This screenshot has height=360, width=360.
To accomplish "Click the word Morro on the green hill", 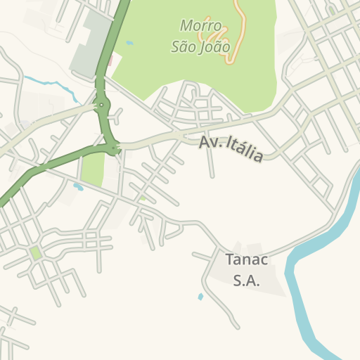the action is [x=201, y=26].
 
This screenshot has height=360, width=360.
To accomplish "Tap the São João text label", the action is [x=200, y=47].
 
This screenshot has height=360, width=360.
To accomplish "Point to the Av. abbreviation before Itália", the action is [x=210, y=142].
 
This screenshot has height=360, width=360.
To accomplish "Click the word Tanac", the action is [x=246, y=259].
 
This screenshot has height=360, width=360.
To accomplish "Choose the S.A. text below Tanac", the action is [x=246, y=280].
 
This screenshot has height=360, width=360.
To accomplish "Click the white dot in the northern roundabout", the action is [x=103, y=106].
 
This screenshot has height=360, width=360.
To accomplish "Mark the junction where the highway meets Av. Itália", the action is [x=115, y=148].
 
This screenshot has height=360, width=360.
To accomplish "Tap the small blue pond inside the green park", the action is [x=129, y=43].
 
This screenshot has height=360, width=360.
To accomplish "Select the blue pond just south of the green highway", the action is [x=78, y=187].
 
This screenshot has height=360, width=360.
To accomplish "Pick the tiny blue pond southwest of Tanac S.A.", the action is [x=200, y=297].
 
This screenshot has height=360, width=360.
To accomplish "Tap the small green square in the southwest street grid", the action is [x=34, y=252].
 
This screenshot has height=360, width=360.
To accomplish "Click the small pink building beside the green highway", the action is [x=110, y=61].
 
